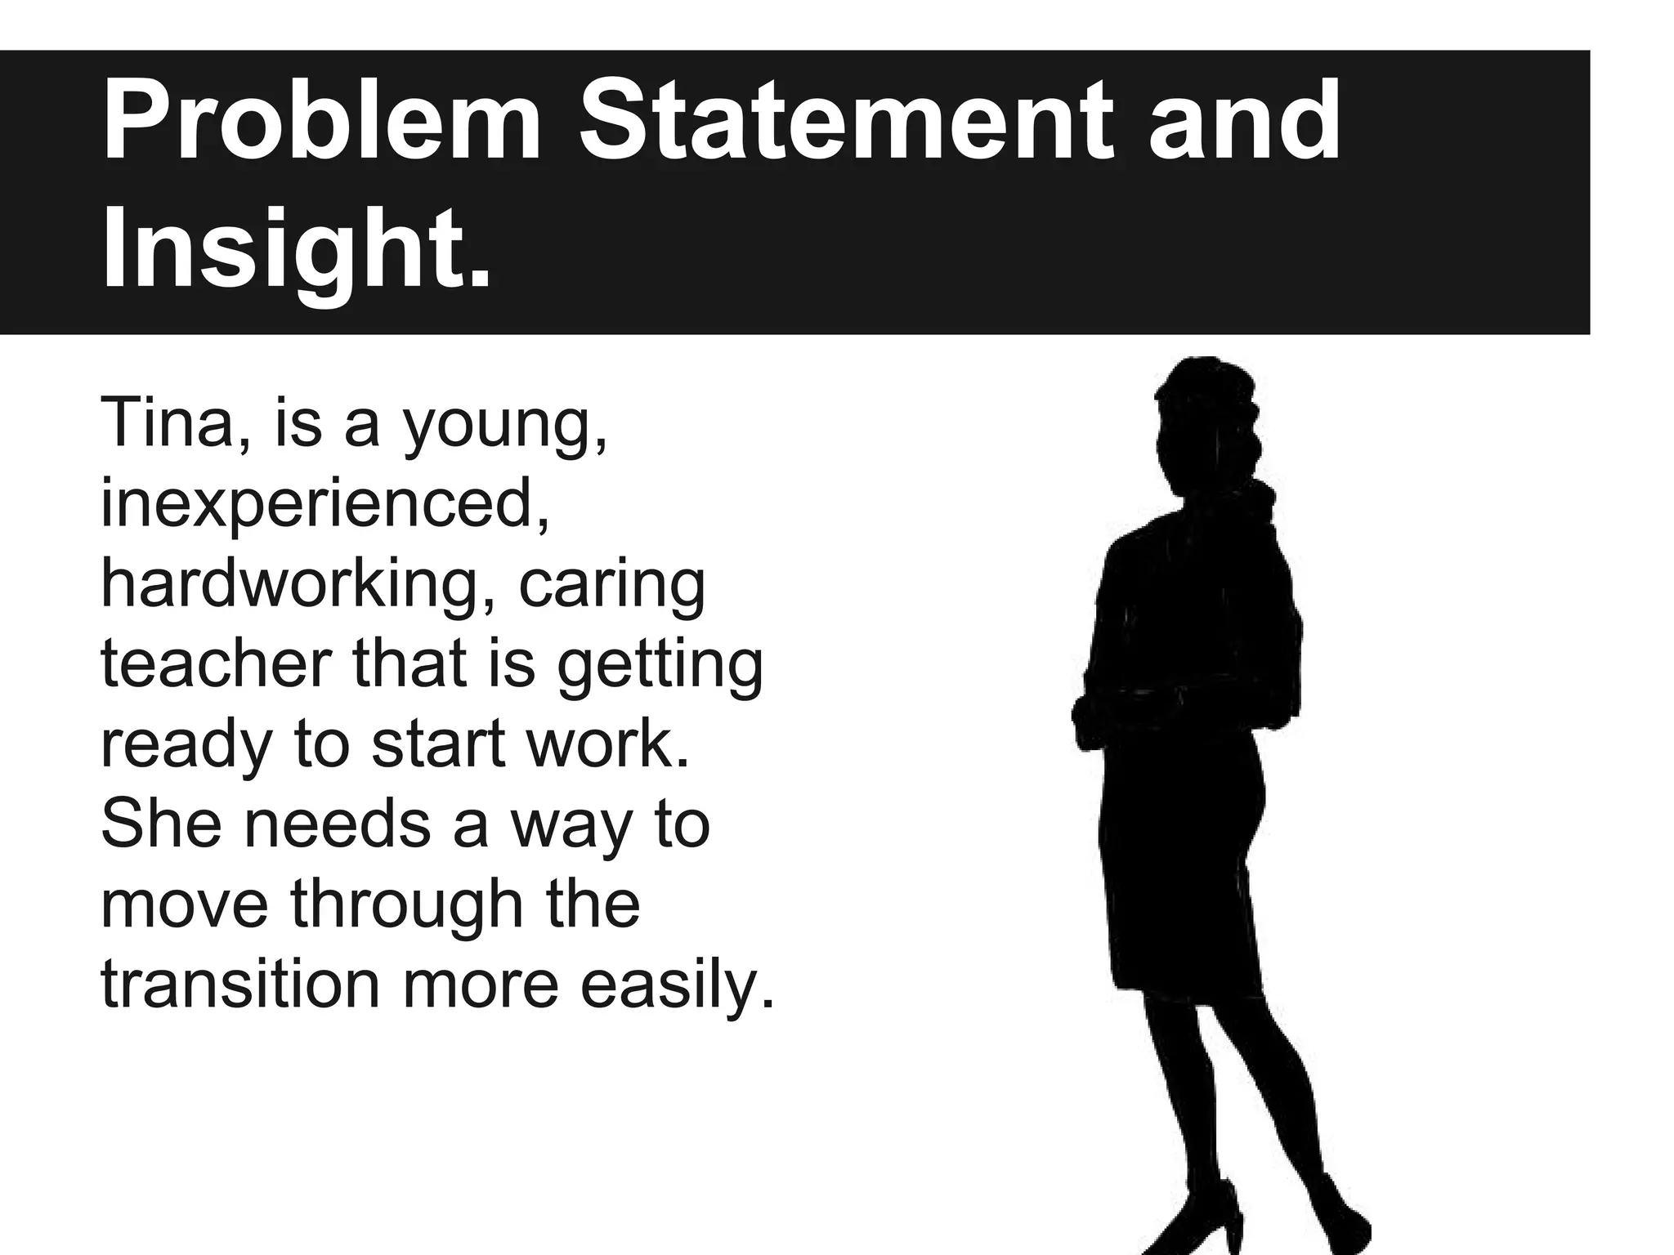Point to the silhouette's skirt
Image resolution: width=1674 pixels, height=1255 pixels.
(1177, 866)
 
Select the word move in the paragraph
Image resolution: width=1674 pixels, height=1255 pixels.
(185, 905)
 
